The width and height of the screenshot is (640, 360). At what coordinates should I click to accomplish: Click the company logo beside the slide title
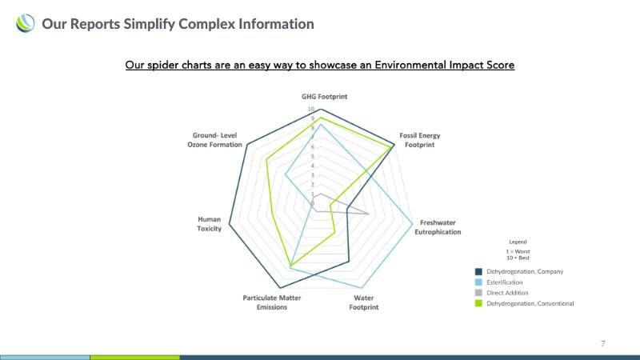(26, 23)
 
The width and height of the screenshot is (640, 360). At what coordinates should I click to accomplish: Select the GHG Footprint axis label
(325, 97)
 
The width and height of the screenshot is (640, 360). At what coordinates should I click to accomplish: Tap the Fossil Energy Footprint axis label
(419, 140)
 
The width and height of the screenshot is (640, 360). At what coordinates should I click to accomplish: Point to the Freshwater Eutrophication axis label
(438, 227)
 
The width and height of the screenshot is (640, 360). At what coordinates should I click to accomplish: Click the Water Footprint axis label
(364, 302)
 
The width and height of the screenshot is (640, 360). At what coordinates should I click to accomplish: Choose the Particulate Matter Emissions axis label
(272, 302)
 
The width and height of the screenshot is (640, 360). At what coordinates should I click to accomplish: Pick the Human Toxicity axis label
(210, 224)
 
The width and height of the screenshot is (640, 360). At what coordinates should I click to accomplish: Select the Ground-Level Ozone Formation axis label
(214, 140)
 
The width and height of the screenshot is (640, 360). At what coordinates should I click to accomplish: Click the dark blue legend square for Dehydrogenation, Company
(478, 272)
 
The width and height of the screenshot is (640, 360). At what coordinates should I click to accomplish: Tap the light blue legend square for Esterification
(478, 282)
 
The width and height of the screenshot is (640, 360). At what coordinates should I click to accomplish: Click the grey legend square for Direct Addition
(478, 293)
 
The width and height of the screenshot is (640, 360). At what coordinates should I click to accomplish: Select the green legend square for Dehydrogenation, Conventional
(478, 304)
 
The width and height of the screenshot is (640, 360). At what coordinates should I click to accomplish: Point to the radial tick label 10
(311, 109)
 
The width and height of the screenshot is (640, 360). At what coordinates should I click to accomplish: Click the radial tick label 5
(313, 156)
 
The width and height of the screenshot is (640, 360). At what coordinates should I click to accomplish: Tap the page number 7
(603, 344)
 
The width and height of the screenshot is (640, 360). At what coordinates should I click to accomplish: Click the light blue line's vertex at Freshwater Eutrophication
(413, 223)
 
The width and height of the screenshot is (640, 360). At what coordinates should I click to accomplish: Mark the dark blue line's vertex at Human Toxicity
(229, 224)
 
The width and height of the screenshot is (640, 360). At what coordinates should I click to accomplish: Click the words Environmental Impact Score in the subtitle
(445, 66)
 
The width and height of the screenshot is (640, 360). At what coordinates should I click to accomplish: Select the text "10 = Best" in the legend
(518, 258)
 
